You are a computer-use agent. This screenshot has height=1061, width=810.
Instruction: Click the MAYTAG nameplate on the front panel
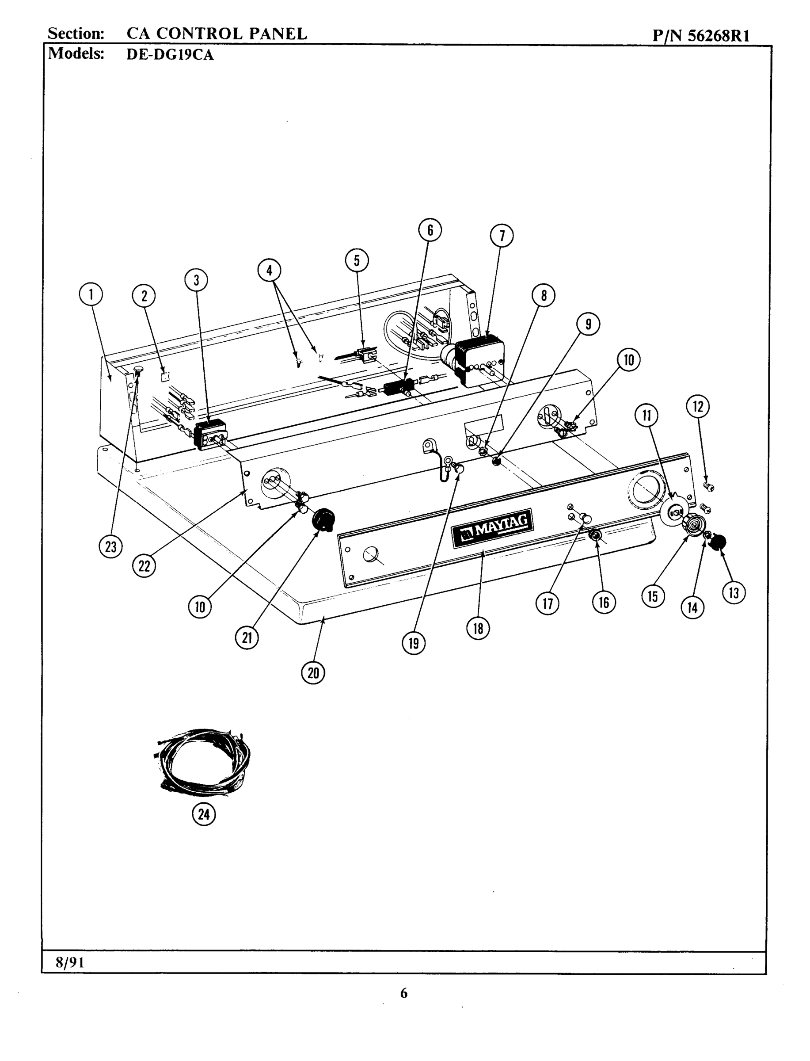pos(492,529)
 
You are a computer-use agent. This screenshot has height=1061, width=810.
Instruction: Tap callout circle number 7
pos(502,235)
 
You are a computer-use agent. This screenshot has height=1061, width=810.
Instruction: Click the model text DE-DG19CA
pos(170,54)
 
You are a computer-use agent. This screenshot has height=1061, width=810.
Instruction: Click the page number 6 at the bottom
pos(403,993)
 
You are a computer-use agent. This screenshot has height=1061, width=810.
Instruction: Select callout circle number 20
pos(313,673)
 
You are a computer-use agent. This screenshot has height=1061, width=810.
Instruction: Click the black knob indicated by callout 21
pos(323,520)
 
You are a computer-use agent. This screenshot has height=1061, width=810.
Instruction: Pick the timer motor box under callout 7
pos(480,362)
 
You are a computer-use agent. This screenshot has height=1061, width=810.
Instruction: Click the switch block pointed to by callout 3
pos(209,434)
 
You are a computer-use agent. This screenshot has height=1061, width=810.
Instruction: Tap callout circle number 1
pos(91,294)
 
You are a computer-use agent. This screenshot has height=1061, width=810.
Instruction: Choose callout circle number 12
pos(698,407)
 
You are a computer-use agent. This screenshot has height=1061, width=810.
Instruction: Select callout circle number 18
pos(478,628)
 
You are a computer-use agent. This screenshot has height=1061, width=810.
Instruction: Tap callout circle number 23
pos(110,547)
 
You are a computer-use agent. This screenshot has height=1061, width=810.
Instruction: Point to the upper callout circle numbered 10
pos(629,360)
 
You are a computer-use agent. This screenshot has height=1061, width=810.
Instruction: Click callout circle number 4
pos(269,270)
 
